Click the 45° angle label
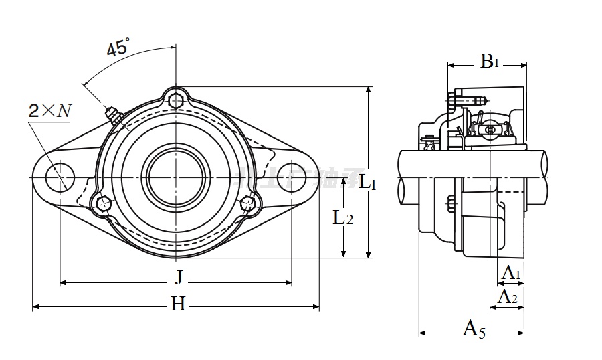118,48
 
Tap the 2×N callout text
49,111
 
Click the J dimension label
178,275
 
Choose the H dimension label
177,305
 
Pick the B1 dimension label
490,62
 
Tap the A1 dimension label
511,273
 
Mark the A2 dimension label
508,296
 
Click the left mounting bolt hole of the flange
60,177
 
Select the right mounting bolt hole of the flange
292,177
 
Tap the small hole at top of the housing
176,100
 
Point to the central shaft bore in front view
176,177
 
